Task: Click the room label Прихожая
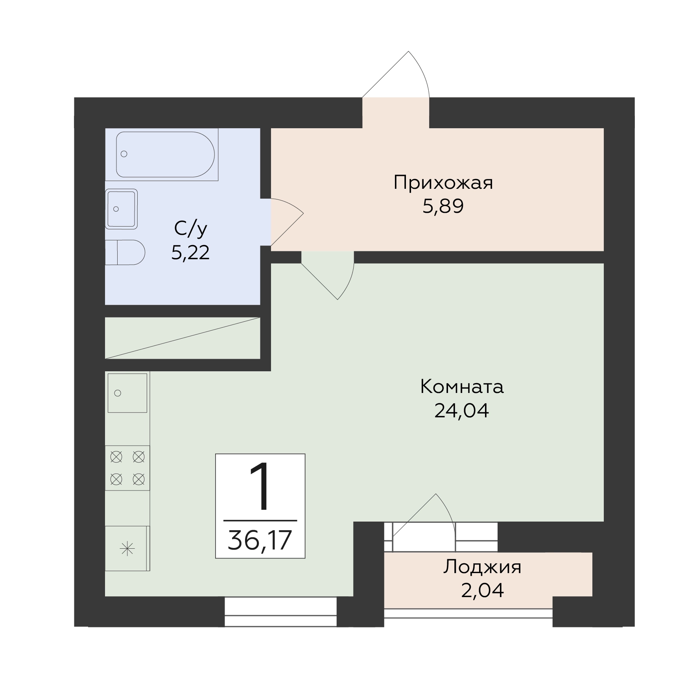click(x=443, y=183)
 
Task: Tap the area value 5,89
click(x=443, y=206)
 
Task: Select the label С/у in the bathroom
click(x=190, y=229)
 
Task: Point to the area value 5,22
click(x=190, y=252)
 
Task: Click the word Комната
click(x=462, y=387)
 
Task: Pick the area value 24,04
click(x=462, y=411)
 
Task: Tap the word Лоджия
click(x=482, y=567)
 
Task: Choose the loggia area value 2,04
click(x=482, y=591)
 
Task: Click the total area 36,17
click(x=260, y=540)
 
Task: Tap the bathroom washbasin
click(x=121, y=209)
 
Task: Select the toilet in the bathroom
click(x=125, y=252)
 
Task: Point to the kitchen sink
click(x=127, y=393)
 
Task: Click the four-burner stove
click(x=127, y=468)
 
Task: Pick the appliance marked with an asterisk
click(x=127, y=548)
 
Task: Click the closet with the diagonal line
click(x=183, y=338)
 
